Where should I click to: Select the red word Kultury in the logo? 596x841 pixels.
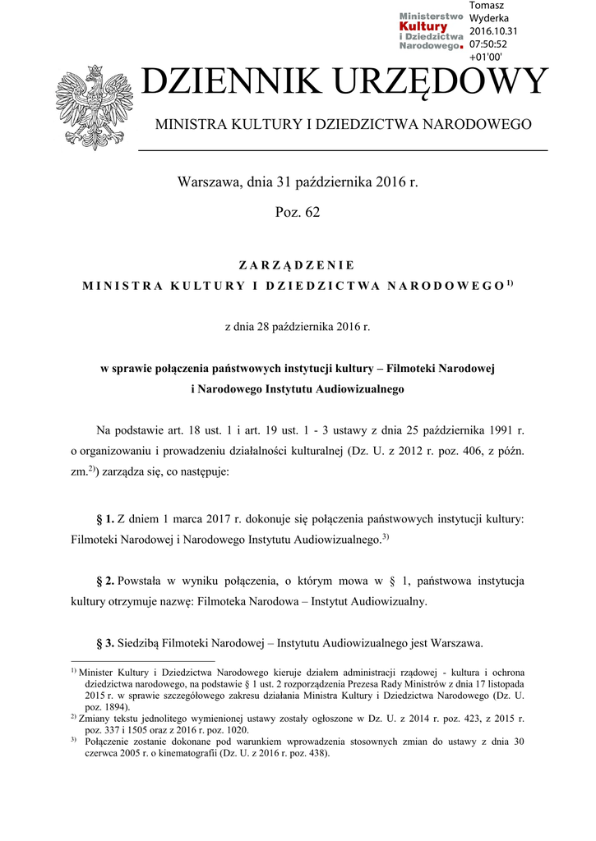coord(423,26)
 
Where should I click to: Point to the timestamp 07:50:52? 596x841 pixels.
coord(488,44)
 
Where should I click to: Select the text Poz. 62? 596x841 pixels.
coord(298,213)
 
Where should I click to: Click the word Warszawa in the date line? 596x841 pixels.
coord(207,182)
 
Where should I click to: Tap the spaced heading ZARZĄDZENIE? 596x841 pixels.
coord(297,265)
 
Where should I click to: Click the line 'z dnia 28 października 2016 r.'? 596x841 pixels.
coord(298,327)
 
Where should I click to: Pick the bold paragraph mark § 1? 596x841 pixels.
coord(104,519)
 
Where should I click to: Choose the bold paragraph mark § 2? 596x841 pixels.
coord(104,581)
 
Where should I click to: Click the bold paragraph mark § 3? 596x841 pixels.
coord(104,642)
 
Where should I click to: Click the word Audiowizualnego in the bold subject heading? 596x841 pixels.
coord(362,388)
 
